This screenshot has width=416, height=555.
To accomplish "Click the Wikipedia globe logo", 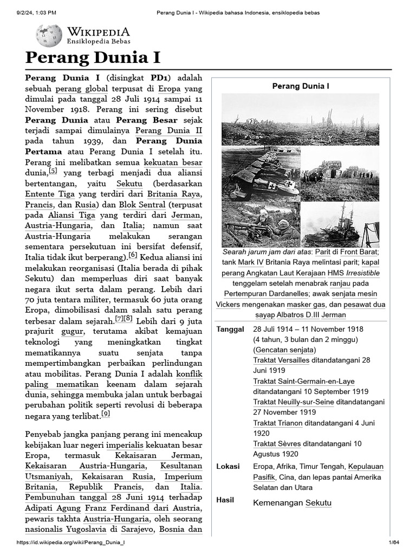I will pyautogui.click(x=49, y=35).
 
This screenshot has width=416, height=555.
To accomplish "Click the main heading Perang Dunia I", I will pyautogui.click(x=93, y=58).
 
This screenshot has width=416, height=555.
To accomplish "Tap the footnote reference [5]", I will pyautogui.click(x=53, y=171).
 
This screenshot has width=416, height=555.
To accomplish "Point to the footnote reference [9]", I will pyautogui.click(x=106, y=414).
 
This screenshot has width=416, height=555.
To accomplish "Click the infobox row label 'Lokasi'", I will pyautogui.click(x=228, y=467).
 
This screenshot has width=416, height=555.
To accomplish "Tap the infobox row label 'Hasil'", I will pyautogui.click(x=225, y=500).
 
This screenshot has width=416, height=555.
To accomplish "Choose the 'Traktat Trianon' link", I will pyautogui.click(x=277, y=423).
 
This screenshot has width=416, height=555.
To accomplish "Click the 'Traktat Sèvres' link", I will pyautogui.click(x=277, y=443).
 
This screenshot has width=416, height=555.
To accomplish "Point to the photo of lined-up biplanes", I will pyautogui.click(x=261, y=173).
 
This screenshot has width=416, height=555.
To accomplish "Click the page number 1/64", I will pyautogui.click(x=393, y=543).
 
